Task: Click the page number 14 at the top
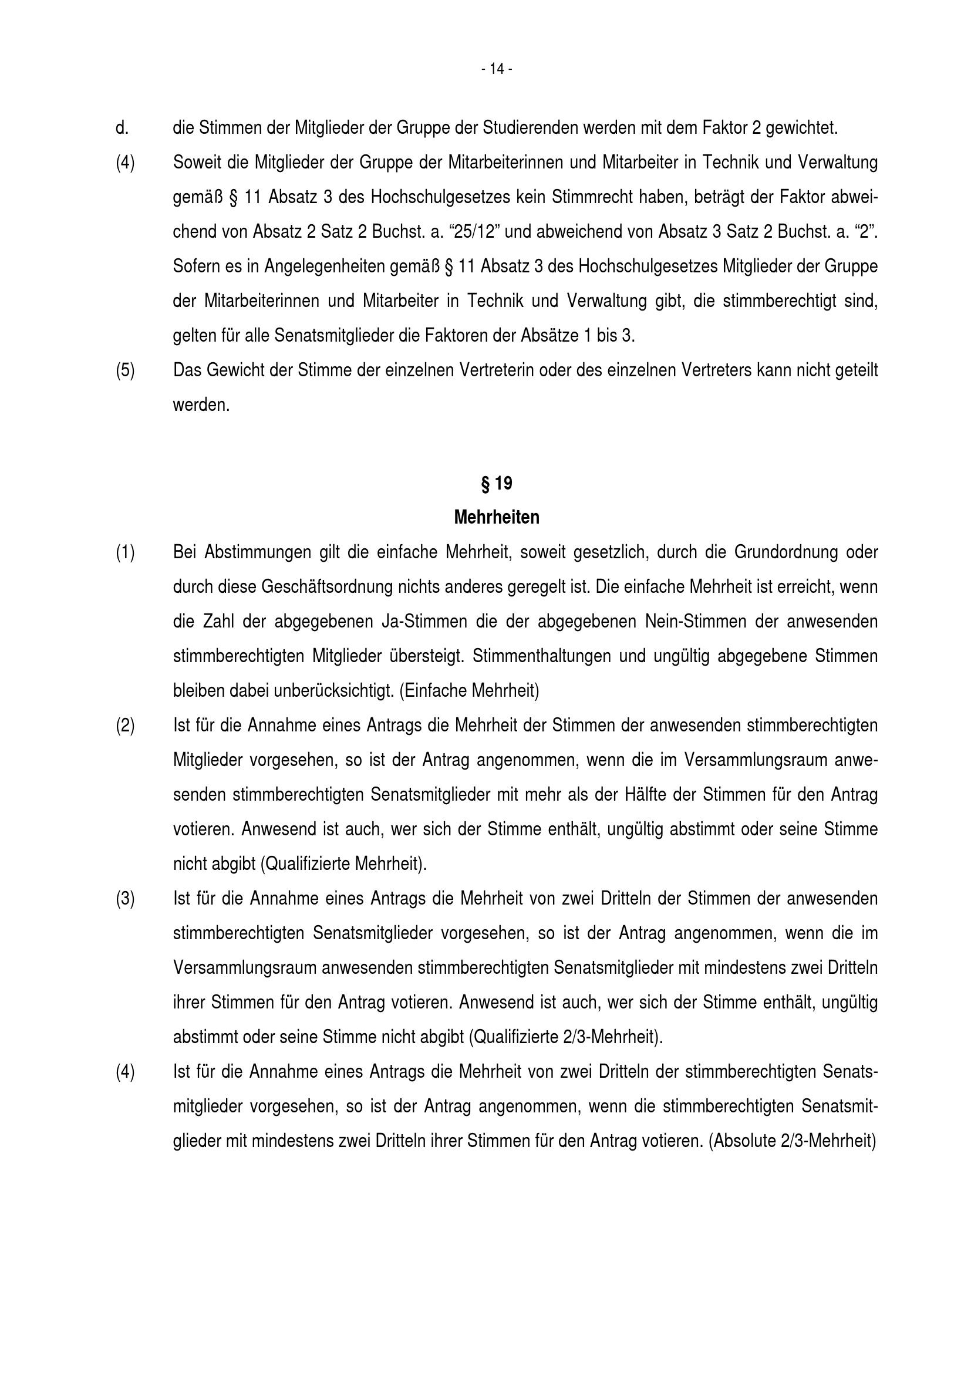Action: point(497,69)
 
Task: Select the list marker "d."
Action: point(122,128)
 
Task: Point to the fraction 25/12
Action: point(476,231)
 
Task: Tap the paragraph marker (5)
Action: point(125,370)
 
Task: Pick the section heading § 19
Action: point(496,483)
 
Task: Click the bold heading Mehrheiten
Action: point(496,517)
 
